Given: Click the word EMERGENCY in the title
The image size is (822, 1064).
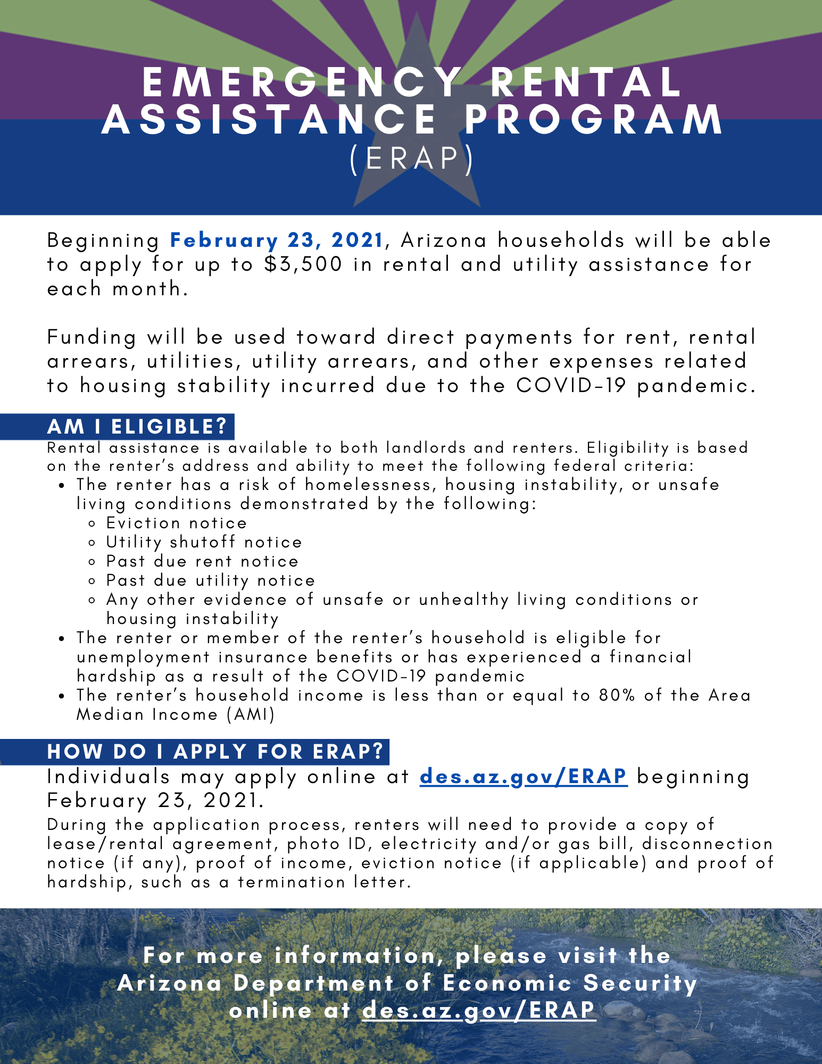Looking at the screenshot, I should coord(302,82).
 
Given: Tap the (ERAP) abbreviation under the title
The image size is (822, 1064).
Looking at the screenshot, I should coord(411,159).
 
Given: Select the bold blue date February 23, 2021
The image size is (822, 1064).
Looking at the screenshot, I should coord(277,240).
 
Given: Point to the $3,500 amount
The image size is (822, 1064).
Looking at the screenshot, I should coord(303,264).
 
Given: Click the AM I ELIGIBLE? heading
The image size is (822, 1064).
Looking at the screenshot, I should coord(137,427).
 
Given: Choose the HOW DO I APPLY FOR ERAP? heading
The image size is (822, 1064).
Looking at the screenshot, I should coord(215,751).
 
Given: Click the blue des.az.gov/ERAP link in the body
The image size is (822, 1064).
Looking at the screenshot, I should coord(524,776).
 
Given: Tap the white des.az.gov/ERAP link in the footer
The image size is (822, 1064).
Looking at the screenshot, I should coord(478,1010).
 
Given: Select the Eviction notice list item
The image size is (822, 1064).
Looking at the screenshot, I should coord(176,523).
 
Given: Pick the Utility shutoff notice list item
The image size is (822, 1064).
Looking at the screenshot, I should coord(204,542).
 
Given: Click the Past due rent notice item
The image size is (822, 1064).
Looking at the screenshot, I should coord(202,561).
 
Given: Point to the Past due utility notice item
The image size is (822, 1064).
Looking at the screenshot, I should coord(210,580).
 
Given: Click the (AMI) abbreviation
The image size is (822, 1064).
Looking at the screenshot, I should coord(251,714).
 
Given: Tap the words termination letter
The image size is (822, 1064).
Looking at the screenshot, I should coord(324,882).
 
